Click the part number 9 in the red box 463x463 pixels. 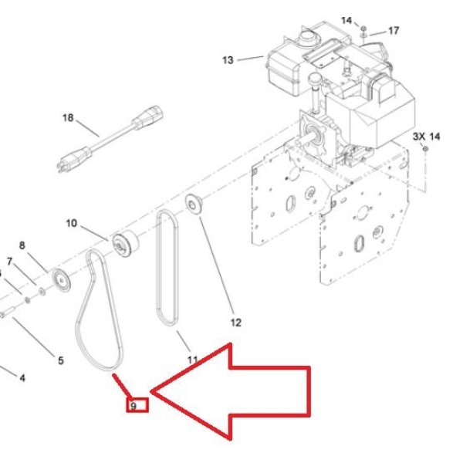tap(133, 407)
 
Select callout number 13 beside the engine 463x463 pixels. tap(228, 60)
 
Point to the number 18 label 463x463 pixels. tap(68, 118)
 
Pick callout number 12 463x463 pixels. tap(235, 323)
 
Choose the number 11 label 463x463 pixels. tap(192, 360)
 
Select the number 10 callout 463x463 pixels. tap(72, 223)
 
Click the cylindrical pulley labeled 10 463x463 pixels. tap(125, 244)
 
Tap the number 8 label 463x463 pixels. tap(22, 245)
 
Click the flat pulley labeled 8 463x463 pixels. tap(61, 281)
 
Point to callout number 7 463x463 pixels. tap(10, 262)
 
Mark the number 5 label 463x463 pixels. tap(60, 360)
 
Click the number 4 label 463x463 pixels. tap(22, 377)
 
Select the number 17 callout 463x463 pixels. tap(394, 30)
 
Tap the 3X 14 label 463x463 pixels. tap(426, 137)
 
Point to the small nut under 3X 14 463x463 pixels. tap(425, 148)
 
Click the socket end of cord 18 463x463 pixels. tap(147, 117)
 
